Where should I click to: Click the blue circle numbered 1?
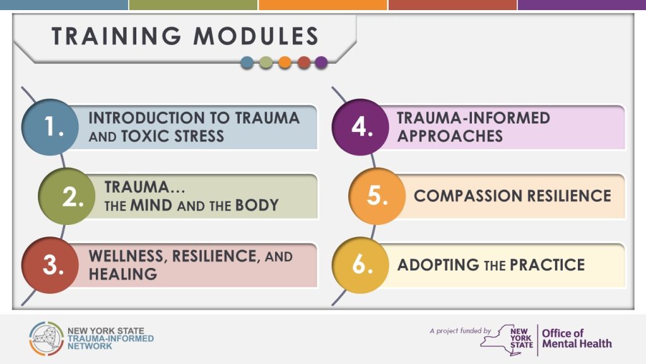click(50, 127)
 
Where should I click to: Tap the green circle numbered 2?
click(67, 197)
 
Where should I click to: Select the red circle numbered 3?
click(50, 265)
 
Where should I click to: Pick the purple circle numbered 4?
click(360, 127)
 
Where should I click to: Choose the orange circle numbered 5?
click(377, 197)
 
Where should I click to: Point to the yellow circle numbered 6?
click(360, 265)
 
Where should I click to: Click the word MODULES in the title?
click(256, 36)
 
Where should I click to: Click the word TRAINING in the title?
click(116, 36)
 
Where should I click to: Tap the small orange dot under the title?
click(285, 63)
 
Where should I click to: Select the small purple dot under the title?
click(321, 63)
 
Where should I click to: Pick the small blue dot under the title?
click(247, 63)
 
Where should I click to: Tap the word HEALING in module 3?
click(123, 274)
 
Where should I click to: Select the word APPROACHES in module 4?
click(450, 136)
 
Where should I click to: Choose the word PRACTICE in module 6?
click(547, 265)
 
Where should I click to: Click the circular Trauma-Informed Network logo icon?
click(46, 339)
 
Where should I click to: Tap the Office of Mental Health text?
click(577, 339)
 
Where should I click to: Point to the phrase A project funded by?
click(460, 331)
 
